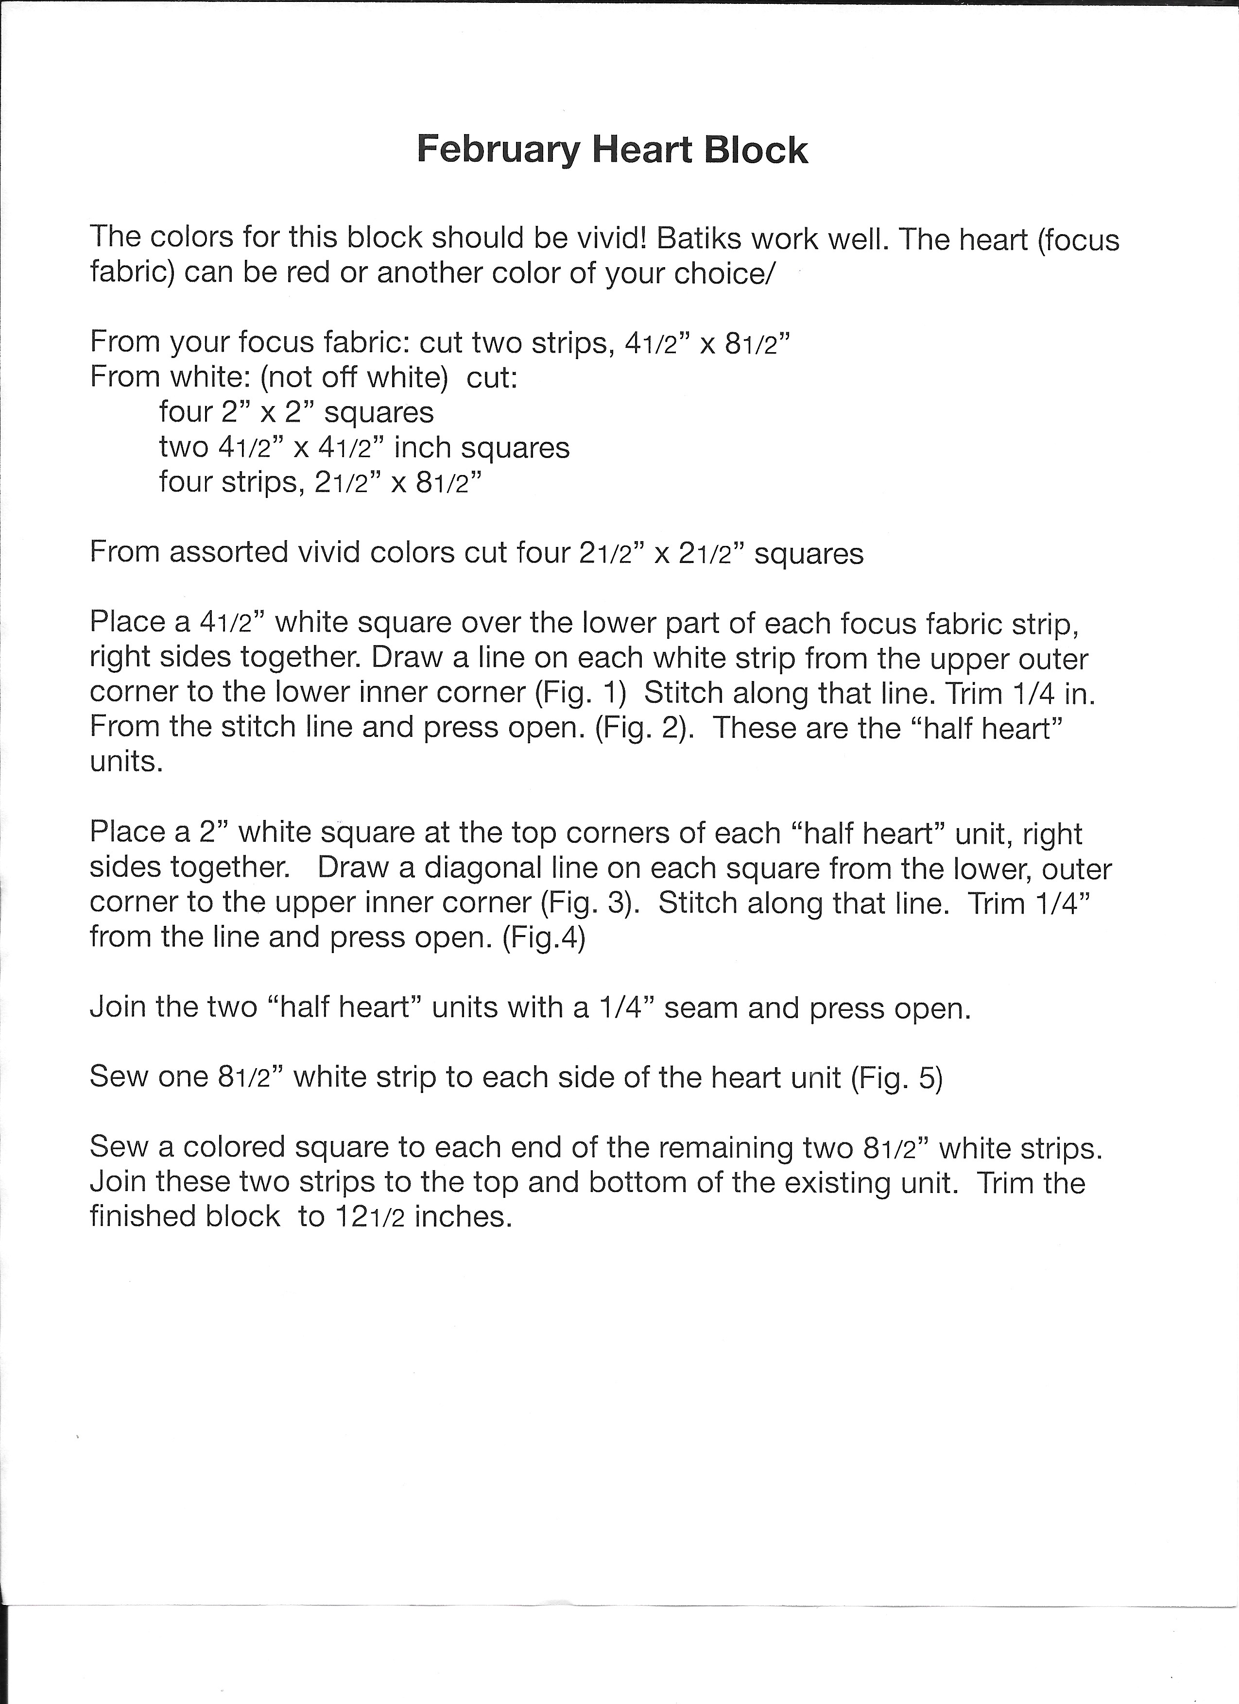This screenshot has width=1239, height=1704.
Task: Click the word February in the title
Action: tap(498, 150)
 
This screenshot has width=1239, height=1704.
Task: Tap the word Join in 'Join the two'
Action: tap(117, 1007)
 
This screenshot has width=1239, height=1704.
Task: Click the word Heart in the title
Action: tap(642, 150)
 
